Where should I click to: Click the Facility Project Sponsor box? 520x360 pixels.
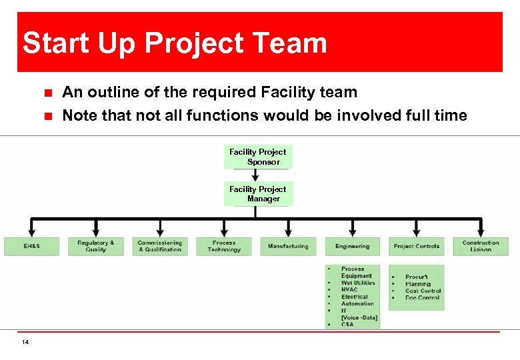point(258,157)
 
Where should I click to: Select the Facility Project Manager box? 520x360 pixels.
point(258,194)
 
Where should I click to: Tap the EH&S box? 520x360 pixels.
point(31,246)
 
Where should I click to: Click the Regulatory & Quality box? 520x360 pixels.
point(95,246)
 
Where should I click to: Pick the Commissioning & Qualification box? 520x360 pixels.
point(159,246)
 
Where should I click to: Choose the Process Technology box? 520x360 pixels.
point(223,246)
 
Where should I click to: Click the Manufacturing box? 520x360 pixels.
point(288,246)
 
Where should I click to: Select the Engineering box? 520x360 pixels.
point(352,246)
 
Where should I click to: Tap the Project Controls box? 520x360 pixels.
point(416,246)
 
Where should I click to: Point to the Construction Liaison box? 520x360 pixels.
point(480,246)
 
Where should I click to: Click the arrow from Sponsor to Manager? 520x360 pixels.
point(256,175)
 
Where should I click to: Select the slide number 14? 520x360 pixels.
point(25,342)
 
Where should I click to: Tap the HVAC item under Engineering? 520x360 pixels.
point(349,289)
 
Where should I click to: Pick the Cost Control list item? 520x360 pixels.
point(423,291)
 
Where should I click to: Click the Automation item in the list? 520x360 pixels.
point(357,303)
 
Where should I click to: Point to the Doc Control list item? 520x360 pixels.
point(422,297)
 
